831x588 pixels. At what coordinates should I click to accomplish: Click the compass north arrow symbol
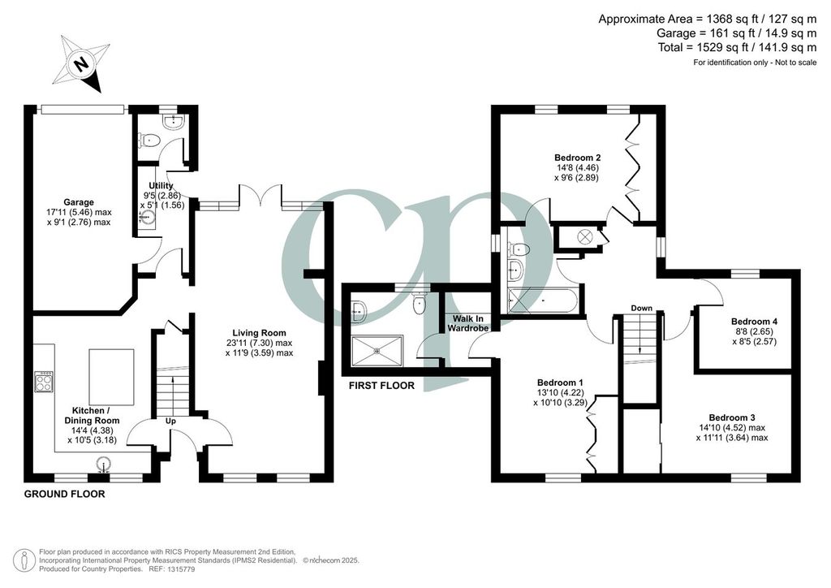pyautogui.click(x=81, y=63)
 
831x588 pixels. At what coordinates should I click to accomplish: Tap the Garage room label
pyautogui.click(x=79, y=202)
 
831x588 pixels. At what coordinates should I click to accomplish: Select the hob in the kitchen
pyautogui.click(x=42, y=382)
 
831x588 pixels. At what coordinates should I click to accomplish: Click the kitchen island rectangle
pyautogui.click(x=111, y=377)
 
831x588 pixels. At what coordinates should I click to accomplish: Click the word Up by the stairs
pyautogui.click(x=170, y=421)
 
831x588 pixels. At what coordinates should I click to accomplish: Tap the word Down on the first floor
pyautogui.click(x=641, y=308)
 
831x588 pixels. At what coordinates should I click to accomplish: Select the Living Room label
pyautogui.click(x=259, y=333)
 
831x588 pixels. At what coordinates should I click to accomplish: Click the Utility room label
pyautogui.click(x=161, y=185)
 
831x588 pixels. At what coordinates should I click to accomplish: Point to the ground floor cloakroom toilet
pyautogui.click(x=149, y=141)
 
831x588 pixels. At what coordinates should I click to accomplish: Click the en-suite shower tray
pyautogui.click(x=377, y=350)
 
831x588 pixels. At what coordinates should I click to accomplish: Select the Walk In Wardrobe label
pyautogui.click(x=467, y=323)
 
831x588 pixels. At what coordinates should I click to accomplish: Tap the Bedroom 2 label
pyautogui.click(x=577, y=158)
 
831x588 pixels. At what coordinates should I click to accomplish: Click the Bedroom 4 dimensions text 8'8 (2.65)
pyautogui.click(x=754, y=331)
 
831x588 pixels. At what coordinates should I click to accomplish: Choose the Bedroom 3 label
pyautogui.click(x=732, y=417)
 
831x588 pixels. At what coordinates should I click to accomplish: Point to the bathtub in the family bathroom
pyautogui.click(x=543, y=301)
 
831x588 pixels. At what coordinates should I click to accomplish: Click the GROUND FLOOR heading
pyautogui.click(x=65, y=494)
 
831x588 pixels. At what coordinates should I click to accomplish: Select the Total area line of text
pyautogui.click(x=737, y=47)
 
